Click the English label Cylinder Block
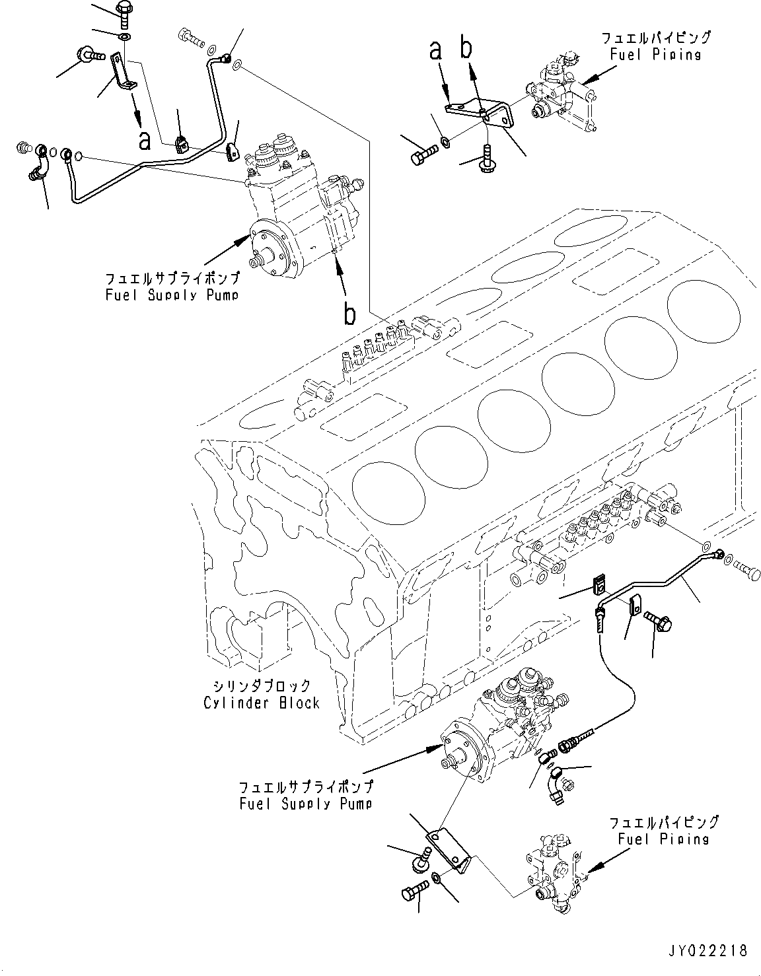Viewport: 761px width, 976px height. coord(262,703)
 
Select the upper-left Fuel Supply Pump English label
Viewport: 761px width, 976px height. coord(172,295)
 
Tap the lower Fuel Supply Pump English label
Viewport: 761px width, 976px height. coord(305,804)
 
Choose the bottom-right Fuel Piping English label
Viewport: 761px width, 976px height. coord(663,839)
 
